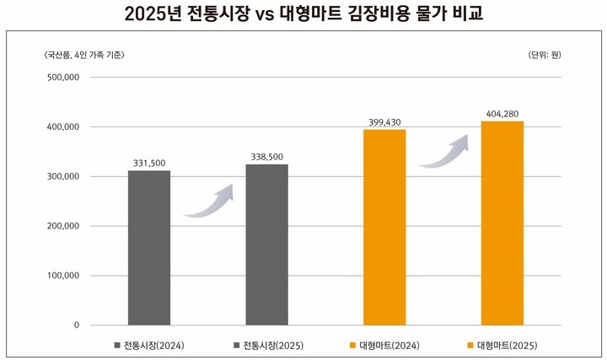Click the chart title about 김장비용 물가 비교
pos(303,14)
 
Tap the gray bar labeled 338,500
pos(266,244)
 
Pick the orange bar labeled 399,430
pos(384,227)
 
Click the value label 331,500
pos(149,162)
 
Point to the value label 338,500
pos(266,156)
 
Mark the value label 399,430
pos(384,121)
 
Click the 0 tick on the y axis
pos(75,325)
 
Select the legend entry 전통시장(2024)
pos(151,346)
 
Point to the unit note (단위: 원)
pos(545,55)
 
